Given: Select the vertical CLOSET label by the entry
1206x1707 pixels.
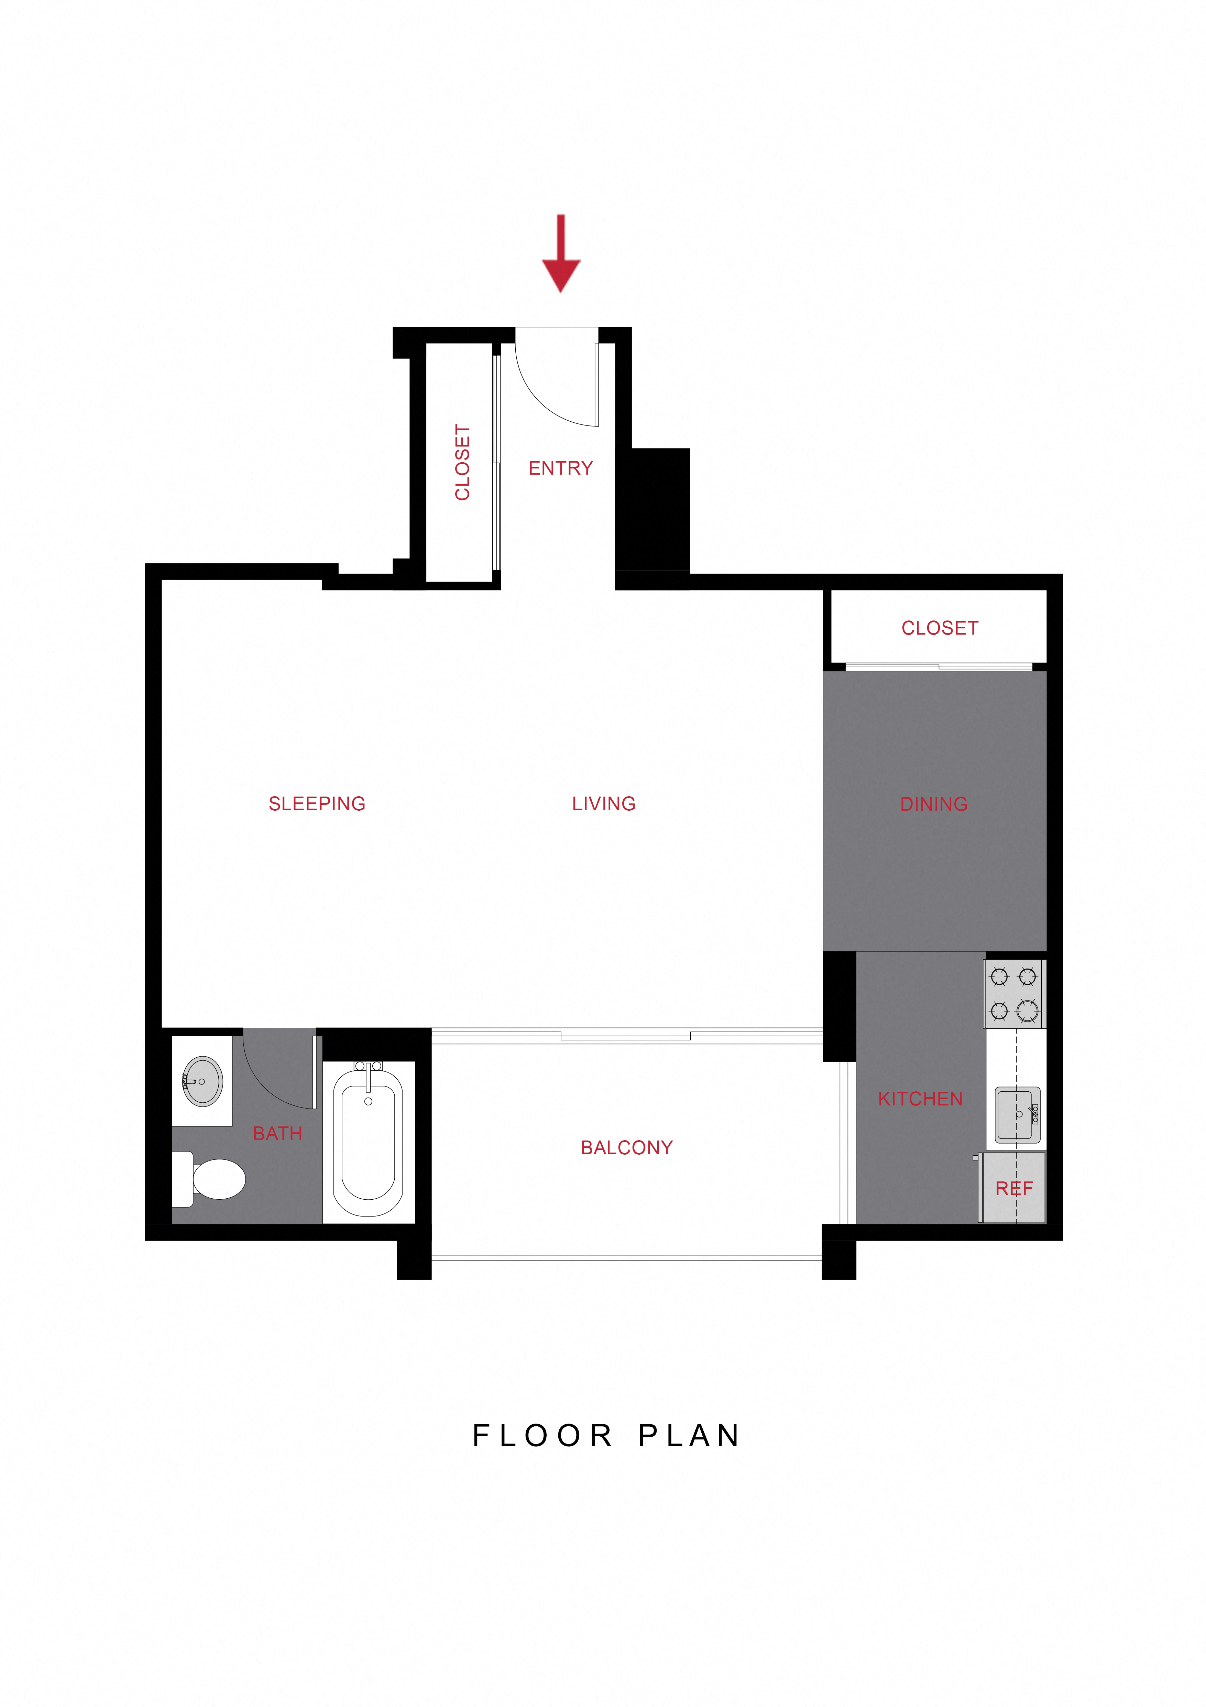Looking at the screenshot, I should tap(462, 463).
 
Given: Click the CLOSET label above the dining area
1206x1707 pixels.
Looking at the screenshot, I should tap(939, 628).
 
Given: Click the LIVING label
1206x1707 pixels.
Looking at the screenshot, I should tap(603, 804).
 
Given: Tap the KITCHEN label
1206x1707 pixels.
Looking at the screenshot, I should tap(920, 1099).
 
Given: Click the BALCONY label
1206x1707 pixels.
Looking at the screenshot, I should tap(626, 1148).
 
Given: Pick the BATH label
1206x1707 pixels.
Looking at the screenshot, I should tap(277, 1134).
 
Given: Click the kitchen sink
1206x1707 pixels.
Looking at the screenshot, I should tap(1017, 1114).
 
